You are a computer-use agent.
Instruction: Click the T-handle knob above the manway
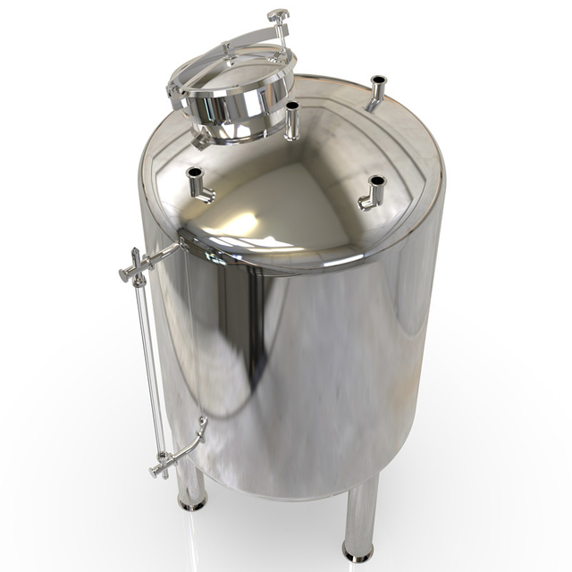pyautogui.click(x=278, y=15)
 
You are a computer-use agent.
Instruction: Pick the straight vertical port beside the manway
pyautogui.click(x=291, y=120)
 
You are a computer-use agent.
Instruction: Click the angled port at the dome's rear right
pyautogui.click(x=376, y=92)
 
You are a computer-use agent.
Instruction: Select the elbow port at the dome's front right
pyautogui.click(x=374, y=193)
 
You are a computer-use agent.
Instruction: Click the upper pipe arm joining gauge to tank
pyautogui.click(x=161, y=256)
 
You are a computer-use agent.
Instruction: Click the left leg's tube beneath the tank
pyautogui.click(x=189, y=483)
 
